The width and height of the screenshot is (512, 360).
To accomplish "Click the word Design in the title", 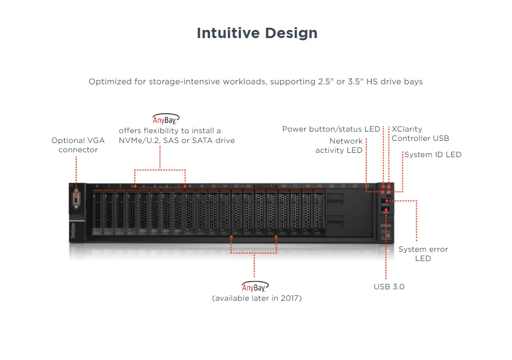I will pos(291,33).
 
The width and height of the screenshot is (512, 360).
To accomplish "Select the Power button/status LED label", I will pos(331,129).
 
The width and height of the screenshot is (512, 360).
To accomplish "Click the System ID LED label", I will pos(432,154).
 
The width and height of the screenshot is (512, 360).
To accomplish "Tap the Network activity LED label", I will pos(339,145).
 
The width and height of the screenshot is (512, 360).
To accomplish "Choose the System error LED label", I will pos(423,253).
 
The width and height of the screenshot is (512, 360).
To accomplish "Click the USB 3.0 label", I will pos(389,287).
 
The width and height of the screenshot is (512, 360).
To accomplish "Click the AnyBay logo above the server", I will pos(165,119).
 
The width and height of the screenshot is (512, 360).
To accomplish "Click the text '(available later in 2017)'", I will pos(257,298).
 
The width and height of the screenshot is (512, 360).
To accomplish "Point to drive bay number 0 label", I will pos(97,187).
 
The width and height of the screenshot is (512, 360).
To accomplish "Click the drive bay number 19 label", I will pos(320,187).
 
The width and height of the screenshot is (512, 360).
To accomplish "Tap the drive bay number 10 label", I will pos(213,187).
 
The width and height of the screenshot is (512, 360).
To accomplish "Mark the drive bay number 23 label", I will pos(367,187).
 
